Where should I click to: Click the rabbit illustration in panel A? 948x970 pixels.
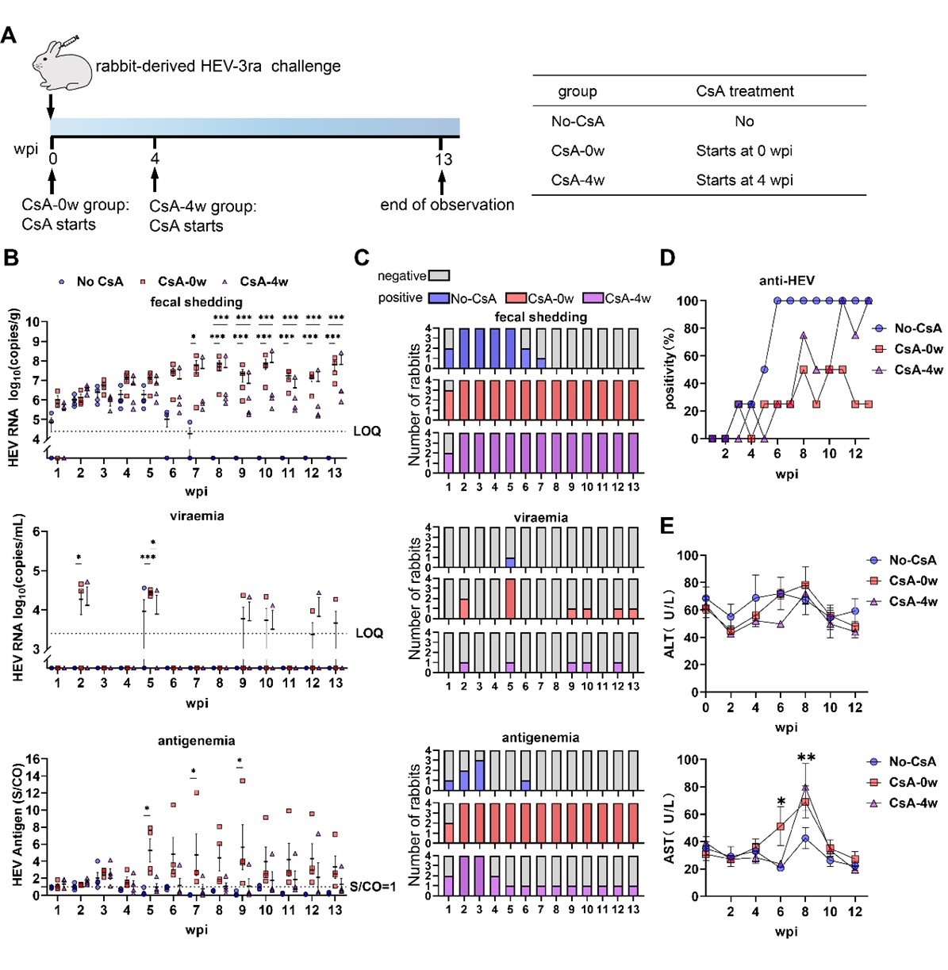[62, 64]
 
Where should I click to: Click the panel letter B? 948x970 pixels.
[10, 258]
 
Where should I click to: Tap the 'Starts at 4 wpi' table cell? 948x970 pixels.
[744, 180]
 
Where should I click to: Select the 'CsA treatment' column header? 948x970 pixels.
[744, 91]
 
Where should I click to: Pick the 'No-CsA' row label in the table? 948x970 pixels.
[578, 121]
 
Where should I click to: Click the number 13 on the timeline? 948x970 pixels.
[443, 159]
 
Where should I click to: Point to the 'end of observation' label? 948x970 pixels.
[447, 205]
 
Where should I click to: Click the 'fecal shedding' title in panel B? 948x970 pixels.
[196, 302]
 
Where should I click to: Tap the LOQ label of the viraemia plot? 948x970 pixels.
[370, 633]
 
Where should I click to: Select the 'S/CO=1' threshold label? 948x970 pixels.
[373, 886]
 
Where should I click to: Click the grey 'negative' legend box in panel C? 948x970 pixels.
[439, 275]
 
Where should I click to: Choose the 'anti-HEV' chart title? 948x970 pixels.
[786, 281]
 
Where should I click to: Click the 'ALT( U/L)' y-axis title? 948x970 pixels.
[670, 623]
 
